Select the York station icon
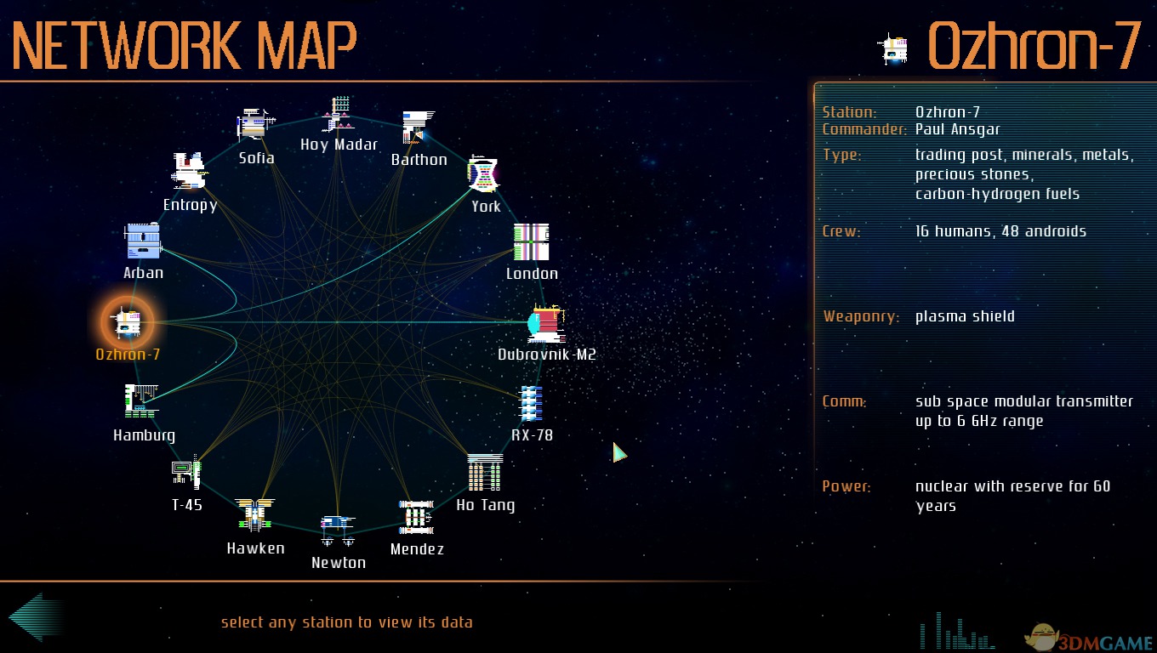click(x=483, y=174)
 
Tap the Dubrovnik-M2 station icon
click(x=546, y=324)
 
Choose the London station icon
click(x=532, y=241)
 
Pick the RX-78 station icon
click(x=532, y=403)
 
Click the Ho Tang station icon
click(x=485, y=473)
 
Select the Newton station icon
click(x=338, y=530)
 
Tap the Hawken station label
click(x=255, y=548)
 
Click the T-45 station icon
click(x=186, y=471)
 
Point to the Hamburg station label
click(x=144, y=435)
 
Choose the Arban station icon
click(x=142, y=241)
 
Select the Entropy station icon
click(x=189, y=170)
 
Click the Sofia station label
click(x=256, y=158)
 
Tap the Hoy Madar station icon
click(x=339, y=114)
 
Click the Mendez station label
click(x=417, y=549)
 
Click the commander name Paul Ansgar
click(x=957, y=130)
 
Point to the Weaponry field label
click(x=861, y=316)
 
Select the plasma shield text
click(x=965, y=316)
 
